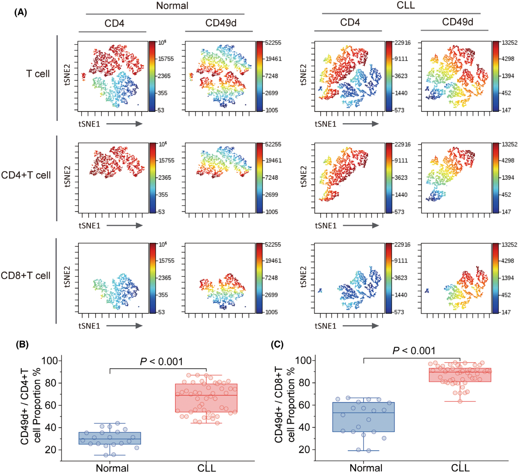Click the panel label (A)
click(20, 12)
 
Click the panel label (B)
click(22, 344)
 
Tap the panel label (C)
click(277, 344)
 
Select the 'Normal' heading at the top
click(172, 6)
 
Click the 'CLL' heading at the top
click(406, 5)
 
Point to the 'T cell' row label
click(38, 74)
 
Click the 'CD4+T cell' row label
click(26, 175)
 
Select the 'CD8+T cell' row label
click(26, 276)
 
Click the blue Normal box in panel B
click(110, 438)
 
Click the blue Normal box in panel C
click(363, 417)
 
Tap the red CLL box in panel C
click(460, 375)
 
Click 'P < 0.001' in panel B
click(161, 362)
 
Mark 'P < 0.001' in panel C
click(414, 351)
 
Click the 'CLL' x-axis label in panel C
click(460, 468)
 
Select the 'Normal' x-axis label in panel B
click(112, 468)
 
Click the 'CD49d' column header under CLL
click(458, 22)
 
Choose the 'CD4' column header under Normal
click(114, 23)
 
